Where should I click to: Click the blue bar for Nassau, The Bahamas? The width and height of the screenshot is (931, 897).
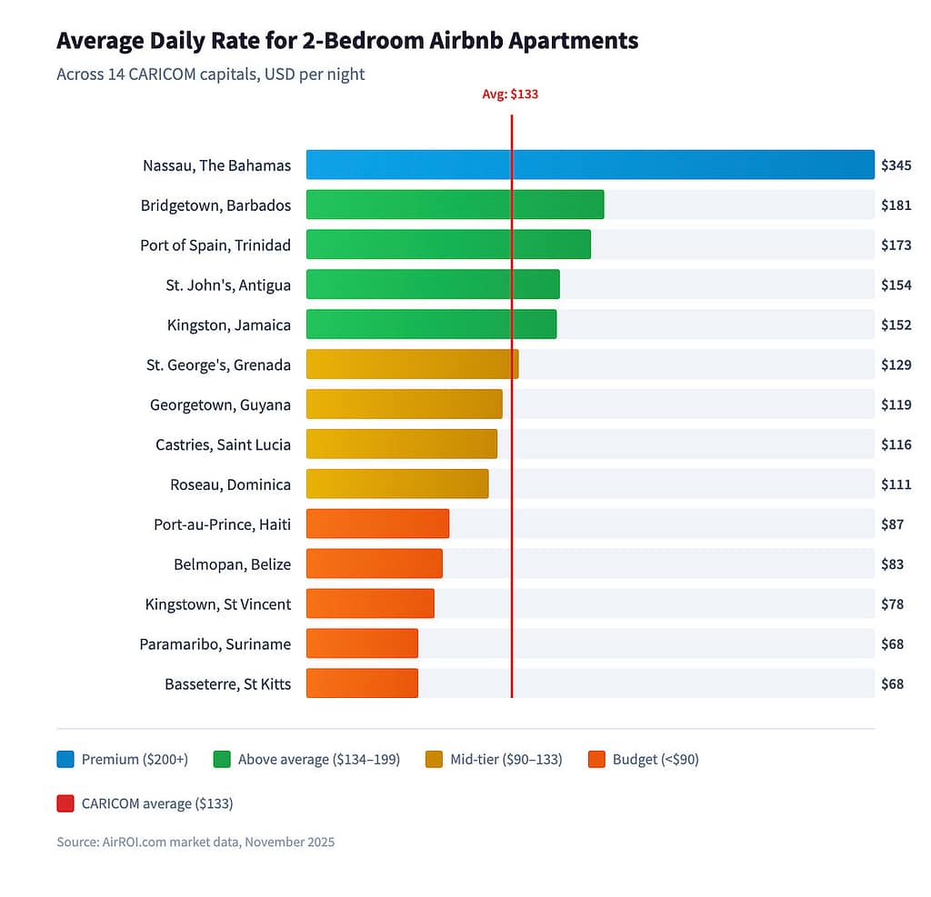[x=589, y=164]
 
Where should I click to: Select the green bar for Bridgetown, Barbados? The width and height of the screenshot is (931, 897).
[x=455, y=204]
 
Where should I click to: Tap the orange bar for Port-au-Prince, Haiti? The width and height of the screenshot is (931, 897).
[x=377, y=523]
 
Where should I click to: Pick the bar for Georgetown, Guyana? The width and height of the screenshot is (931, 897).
[x=404, y=404]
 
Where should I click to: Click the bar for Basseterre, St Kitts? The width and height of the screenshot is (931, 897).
[x=362, y=683]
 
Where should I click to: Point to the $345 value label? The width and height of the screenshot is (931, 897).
[x=896, y=165]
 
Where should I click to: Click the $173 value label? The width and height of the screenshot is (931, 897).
[x=896, y=245]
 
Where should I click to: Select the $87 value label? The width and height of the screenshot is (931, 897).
[x=892, y=524]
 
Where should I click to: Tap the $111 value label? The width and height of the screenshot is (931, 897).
[x=896, y=484]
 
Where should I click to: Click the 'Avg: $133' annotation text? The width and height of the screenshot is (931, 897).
[x=510, y=94]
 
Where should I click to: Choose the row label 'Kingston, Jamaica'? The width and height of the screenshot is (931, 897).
[x=229, y=324]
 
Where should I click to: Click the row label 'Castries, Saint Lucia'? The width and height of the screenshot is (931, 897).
[x=223, y=444]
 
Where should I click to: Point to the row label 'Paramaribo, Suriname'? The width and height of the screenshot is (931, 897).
[x=215, y=644]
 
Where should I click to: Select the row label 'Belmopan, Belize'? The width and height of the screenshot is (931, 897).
[x=232, y=564]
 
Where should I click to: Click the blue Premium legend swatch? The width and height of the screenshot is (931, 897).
[x=65, y=759]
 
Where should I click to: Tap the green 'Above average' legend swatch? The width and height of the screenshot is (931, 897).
[x=222, y=759]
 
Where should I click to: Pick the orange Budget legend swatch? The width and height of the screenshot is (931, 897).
[x=597, y=759]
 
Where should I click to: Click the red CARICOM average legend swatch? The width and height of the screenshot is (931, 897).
[x=65, y=803]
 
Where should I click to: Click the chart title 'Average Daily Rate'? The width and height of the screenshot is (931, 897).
[x=347, y=41]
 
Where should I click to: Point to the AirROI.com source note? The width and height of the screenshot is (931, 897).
[x=195, y=842]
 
